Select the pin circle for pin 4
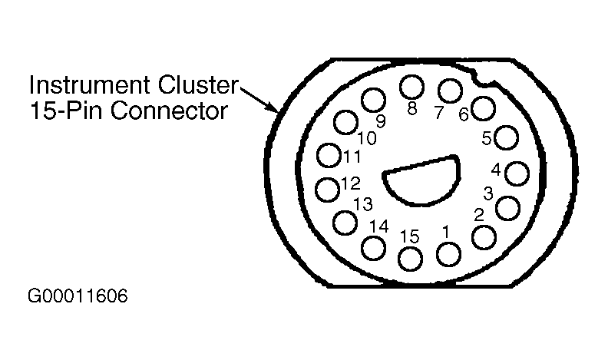(x=518, y=174)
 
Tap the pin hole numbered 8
(x=412, y=87)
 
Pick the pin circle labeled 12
(x=329, y=187)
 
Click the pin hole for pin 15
(x=411, y=259)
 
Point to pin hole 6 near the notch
(x=482, y=108)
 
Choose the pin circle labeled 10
(x=346, y=121)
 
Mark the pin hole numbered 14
(x=373, y=248)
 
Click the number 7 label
(x=439, y=112)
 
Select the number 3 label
(x=488, y=192)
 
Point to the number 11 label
(x=352, y=157)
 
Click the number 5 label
(x=487, y=139)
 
